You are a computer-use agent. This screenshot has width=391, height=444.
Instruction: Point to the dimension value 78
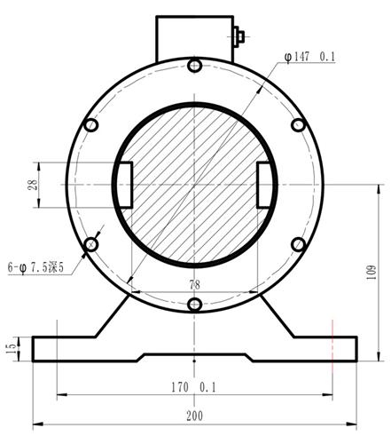tap(194, 284)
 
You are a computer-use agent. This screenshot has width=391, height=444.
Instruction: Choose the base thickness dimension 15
tap(11, 350)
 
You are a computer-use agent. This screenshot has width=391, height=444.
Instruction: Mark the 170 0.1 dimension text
tap(195, 388)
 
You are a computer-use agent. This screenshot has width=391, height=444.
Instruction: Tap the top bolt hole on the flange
tap(195, 66)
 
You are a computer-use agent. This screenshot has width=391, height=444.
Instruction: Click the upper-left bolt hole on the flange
tap(91, 126)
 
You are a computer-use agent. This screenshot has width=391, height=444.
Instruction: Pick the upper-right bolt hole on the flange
tap(299, 126)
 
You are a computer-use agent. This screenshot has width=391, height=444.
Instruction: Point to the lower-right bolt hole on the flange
tap(299, 244)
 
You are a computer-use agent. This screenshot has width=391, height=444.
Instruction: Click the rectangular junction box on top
tap(194, 36)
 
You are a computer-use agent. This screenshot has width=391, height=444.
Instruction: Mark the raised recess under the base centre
tap(195, 357)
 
